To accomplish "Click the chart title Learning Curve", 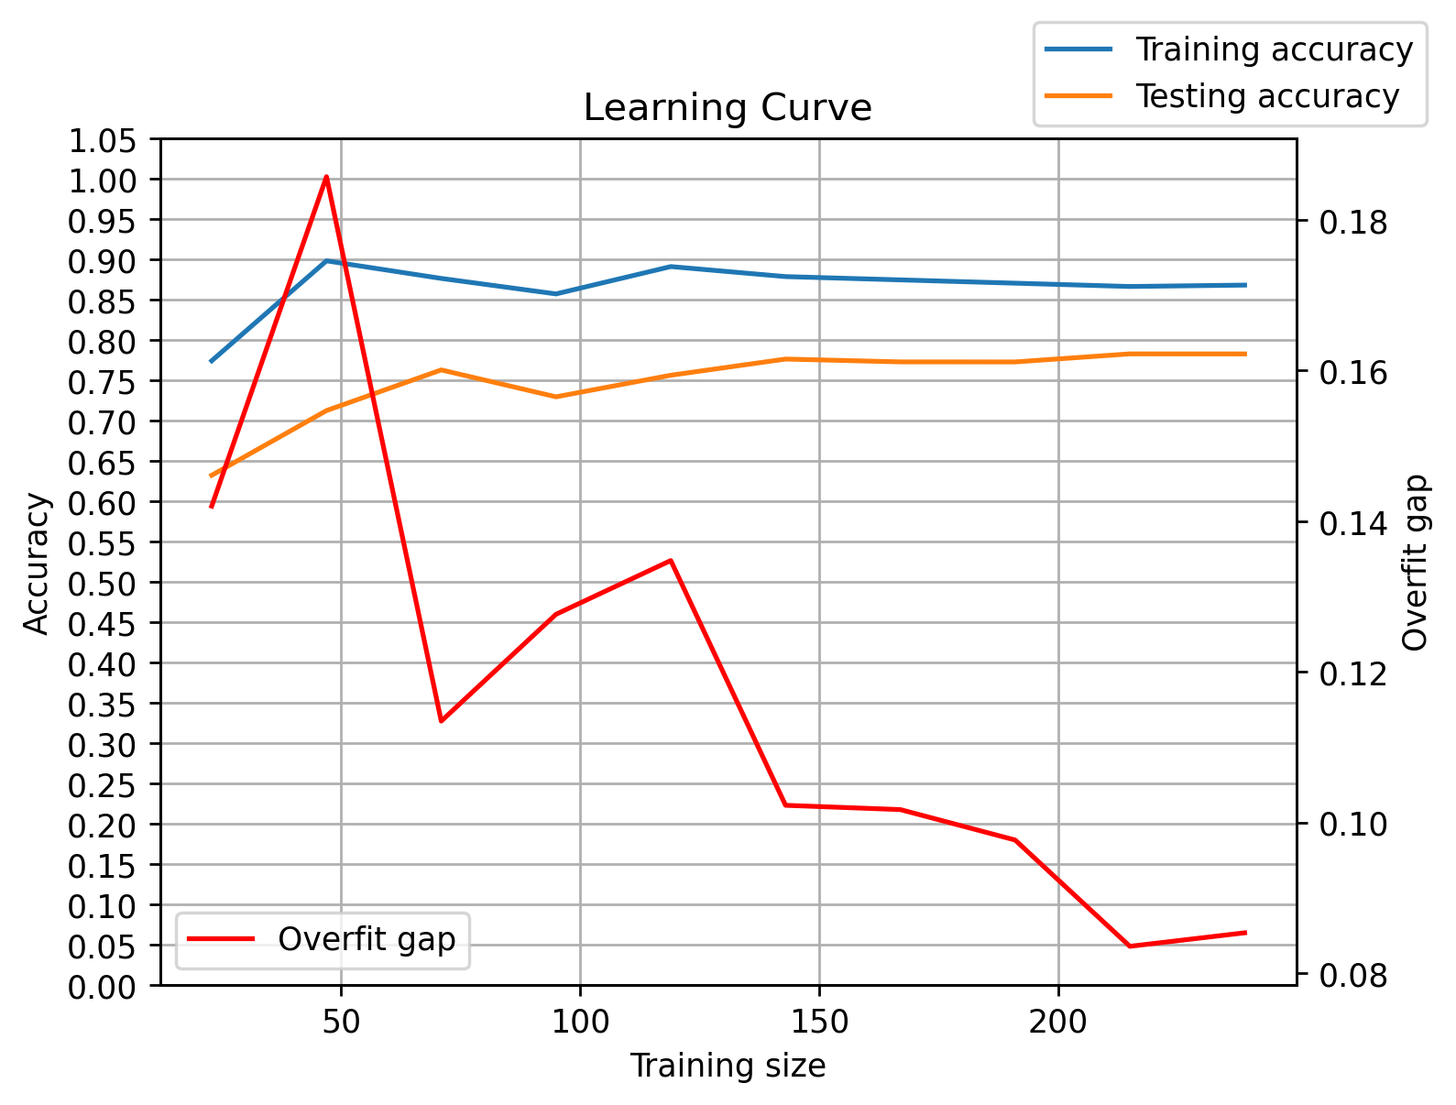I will coord(728,108).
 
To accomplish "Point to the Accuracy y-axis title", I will coord(37,563).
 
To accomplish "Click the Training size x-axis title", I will coord(728,1066).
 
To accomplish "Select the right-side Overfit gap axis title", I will coord(1416,563).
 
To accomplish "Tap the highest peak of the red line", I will coord(326,177).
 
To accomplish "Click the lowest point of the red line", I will coord(1130,946).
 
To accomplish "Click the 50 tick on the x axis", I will coord(341,1021).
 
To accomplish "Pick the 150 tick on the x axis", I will coord(819,1021).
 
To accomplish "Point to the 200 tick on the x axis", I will coord(1058,1021).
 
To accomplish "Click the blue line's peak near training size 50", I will coord(326,260).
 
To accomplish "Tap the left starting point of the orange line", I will coord(212,476).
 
